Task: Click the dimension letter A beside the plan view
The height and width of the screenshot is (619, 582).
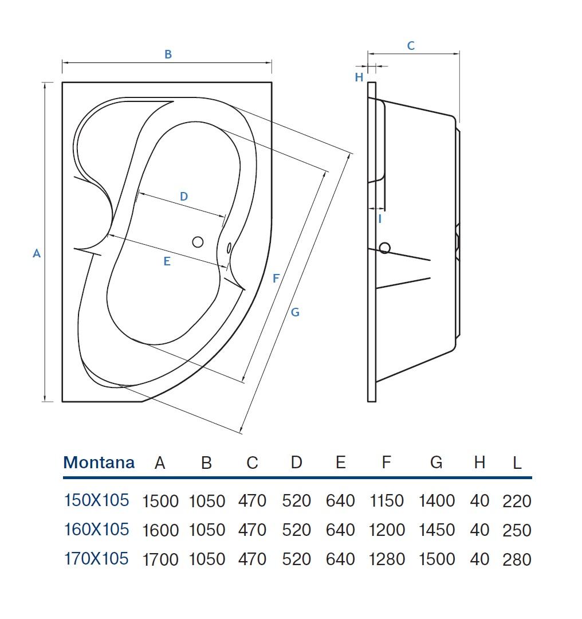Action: [x=37, y=253]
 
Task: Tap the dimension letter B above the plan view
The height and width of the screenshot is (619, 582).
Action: [x=168, y=54]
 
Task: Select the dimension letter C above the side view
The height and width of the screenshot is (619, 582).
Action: [x=411, y=46]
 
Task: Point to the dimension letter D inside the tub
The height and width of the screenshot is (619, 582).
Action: [x=184, y=197]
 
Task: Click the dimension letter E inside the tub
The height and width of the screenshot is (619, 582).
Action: [x=167, y=261]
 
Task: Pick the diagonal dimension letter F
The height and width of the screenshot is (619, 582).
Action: [x=276, y=279]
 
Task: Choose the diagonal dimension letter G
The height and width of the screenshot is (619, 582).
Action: [x=295, y=312]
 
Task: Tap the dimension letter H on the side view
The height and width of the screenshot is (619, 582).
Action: [x=359, y=77]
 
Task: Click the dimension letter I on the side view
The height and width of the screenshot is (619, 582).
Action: [x=380, y=219]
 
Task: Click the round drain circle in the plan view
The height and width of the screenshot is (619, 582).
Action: [x=198, y=242]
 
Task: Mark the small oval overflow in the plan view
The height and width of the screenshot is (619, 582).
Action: [x=229, y=248]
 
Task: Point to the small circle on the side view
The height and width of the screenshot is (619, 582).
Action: [x=385, y=248]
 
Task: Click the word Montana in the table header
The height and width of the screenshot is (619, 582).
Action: [x=99, y=463]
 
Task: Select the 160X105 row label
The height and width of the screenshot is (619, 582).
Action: [x=97, y=530]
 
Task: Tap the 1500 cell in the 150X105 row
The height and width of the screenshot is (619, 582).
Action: [x=160, y=501]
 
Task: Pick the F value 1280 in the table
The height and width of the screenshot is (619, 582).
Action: [x=387, y=559]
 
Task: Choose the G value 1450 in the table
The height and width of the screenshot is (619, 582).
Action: [x=436, y=530]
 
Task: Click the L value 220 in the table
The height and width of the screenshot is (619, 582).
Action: [x=517, y=501]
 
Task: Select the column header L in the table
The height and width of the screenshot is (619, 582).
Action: [x=517, y=463]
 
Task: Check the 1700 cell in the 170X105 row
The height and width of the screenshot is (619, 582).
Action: [x=160, y=559]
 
